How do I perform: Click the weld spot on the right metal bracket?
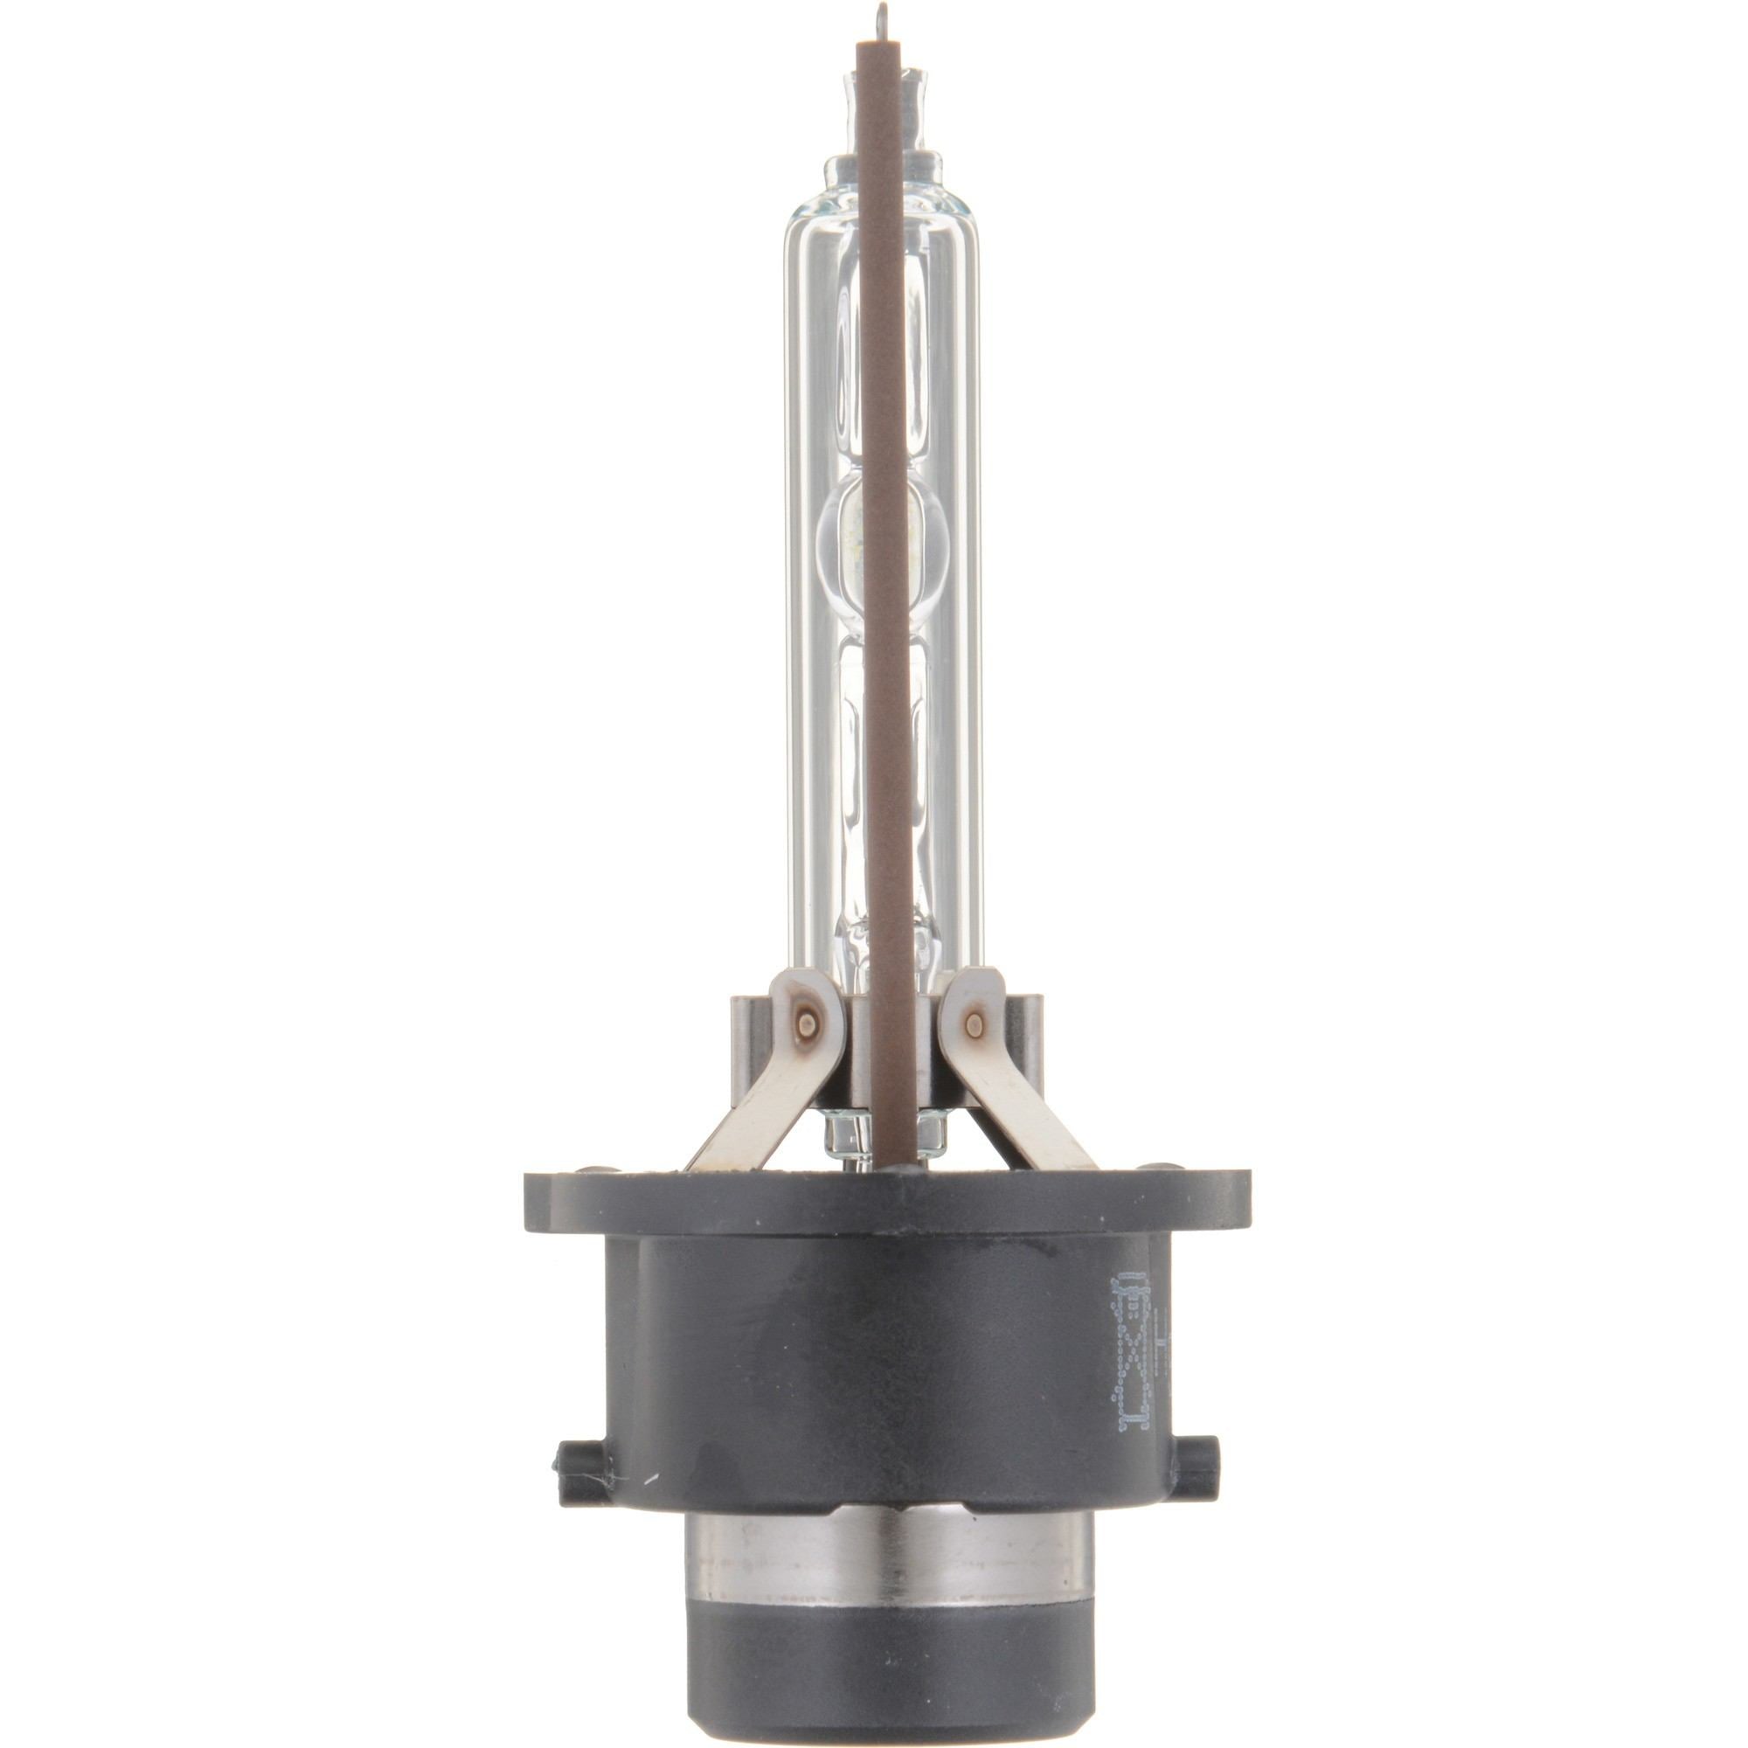click(x=974, y=1024)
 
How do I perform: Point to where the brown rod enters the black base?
click(x=883, y=1167)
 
